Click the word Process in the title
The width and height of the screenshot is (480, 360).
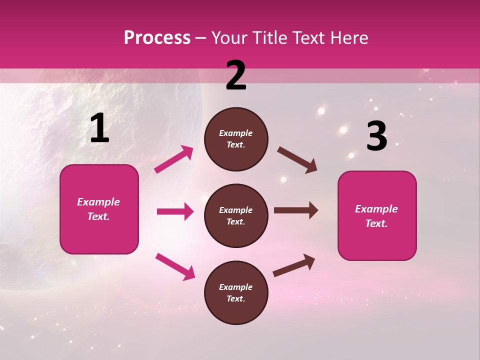click(x=157, y=38)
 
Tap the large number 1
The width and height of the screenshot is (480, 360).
click(x=99, y=129)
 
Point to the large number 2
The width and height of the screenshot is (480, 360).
click(x=236, y=75)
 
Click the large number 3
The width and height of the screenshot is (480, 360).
click(x=376, y=136)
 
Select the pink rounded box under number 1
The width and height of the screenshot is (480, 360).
click(x=99, y=209)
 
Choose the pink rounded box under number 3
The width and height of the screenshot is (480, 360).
click(x=377, y=216)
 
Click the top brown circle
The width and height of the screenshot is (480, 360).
click(x=236, y=139)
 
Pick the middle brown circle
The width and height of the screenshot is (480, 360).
click(x=236, y=216)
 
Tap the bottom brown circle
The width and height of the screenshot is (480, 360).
click(x=236, y=293)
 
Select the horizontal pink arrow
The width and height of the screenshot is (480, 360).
click(x=175, y=211)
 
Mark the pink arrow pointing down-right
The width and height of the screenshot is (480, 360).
click(x=175, y=266)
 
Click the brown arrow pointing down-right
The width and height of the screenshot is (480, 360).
click(x=297, y=160)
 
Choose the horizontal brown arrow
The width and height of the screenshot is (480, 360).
click(x=296, y=210)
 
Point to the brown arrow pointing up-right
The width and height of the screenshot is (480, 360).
click(x=294, y=265)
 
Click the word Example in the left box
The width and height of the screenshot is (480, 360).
click(x=98, y=202)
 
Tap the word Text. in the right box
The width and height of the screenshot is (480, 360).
click(x=376, y=223)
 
